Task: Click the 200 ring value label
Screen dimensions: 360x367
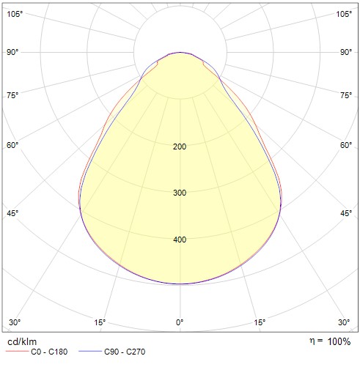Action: [180, 147]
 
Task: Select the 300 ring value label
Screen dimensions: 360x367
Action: [180, 193]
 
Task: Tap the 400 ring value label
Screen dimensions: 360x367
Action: [180, 240]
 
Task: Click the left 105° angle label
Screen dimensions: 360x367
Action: [15, 14]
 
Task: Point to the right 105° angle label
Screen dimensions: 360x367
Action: [344, 14]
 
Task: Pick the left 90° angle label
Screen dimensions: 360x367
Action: [12, 52]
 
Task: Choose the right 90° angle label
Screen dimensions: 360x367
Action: [346, 52]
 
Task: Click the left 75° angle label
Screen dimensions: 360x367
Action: [12, 95]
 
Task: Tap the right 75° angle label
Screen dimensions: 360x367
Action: [346, 95]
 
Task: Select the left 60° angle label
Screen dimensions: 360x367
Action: [12, 145]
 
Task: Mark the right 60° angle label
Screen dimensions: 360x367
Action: [346, 145]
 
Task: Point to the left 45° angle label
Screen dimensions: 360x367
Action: [12, 213]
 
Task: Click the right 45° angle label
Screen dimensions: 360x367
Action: [346, 213]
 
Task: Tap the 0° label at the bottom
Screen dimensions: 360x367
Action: [180, 322]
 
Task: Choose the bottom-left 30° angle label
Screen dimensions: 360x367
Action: [15, 322]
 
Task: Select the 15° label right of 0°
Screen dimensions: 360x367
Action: [260, 322]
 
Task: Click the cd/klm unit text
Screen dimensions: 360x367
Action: [22, 342]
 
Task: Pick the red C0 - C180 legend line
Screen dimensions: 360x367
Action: [17, 352]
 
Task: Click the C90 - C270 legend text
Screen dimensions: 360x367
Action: [125, 352]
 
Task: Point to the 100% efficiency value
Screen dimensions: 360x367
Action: [339, 341]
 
